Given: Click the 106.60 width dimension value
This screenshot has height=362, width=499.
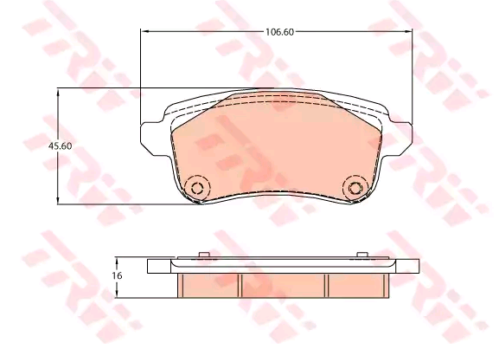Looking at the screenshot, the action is (279, 32).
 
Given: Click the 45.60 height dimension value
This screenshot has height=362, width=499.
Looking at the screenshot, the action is (60, 146).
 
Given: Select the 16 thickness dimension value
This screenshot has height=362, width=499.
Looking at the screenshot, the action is (117, 275).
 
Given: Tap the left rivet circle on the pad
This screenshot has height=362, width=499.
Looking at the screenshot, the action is (197, 188).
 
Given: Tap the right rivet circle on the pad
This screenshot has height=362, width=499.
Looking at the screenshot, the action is (355, 188).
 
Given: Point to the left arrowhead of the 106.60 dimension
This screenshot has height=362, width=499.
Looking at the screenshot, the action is (144, 31).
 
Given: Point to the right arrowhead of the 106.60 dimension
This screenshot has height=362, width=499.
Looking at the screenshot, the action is (408, 31).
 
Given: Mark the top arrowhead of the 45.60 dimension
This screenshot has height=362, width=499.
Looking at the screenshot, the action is (58, 94).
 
